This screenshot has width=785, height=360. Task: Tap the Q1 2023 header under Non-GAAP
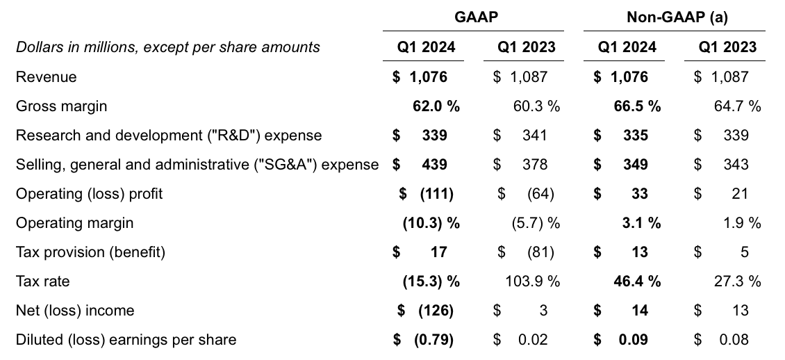point(727,47)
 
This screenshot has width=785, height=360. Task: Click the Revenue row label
point(46,77)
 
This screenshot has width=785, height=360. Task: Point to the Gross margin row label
point(61,106)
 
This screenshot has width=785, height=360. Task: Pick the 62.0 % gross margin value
point(436,106)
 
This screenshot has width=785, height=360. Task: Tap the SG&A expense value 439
point(434,165)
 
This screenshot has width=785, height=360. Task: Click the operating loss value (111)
point(436,194)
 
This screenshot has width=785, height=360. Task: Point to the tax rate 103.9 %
point(531,281)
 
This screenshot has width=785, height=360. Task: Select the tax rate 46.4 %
point(636,281)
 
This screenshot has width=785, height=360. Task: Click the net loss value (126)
point(436,311)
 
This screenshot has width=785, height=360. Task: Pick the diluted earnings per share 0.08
point(735,340)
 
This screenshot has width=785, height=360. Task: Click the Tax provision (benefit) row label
point(90,252)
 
